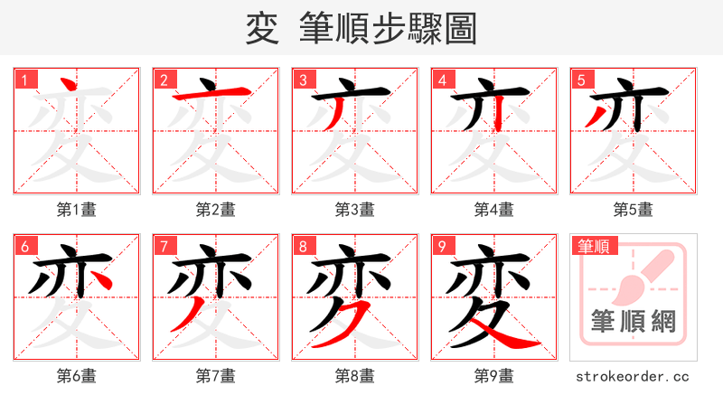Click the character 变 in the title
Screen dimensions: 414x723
tap(262, 29)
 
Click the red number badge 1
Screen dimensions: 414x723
tap(23, 80)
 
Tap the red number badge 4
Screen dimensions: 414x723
tap(441, 80)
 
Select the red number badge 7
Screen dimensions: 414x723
tap(163, 246)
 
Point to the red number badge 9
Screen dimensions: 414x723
tap(441, 246)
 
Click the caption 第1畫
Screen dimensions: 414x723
tap(77, 210)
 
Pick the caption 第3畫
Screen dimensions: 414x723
tap(355, 210)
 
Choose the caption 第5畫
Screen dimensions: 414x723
tap(634, 210)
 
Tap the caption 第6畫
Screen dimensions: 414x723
tap(77, 376)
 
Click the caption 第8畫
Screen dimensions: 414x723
tap(355, 376)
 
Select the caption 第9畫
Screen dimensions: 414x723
tap(494, 376)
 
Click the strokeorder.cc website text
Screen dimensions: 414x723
tap(634, 376)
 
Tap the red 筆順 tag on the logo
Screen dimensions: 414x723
tap(593, 246)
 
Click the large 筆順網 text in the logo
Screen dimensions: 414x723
tap(634, 321)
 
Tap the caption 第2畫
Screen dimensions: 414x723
tap(216, 210)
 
